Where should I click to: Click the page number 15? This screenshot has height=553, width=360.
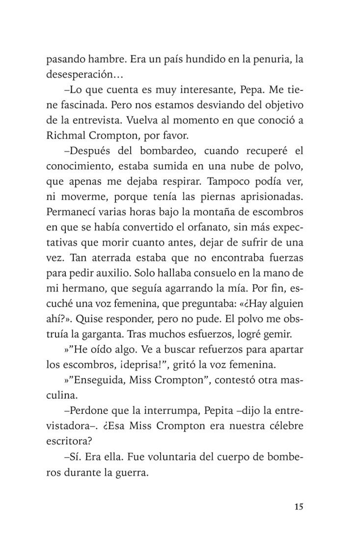[299, 507]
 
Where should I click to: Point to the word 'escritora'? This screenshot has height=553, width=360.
[67, 441]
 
